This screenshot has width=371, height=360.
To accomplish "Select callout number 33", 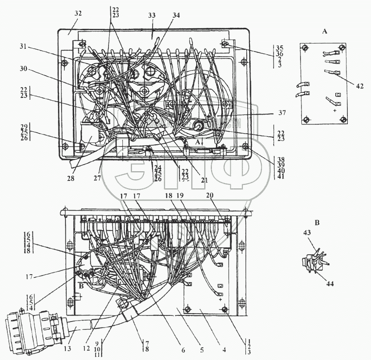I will coord(152,15).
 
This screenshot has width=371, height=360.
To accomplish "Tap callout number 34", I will coord(175,15).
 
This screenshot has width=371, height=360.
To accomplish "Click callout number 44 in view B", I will coord(330,283).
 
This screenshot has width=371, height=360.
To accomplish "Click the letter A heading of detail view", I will coord(325,31).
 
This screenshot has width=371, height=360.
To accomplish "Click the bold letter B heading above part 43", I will coord(317,223).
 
